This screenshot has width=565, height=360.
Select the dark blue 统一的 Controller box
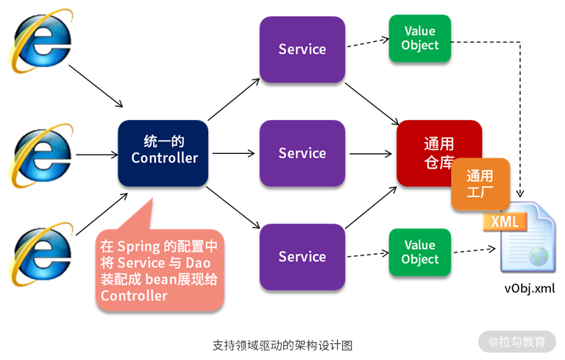point(164,152)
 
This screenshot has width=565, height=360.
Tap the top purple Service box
point(302,49)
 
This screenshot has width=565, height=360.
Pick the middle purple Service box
point(302,153)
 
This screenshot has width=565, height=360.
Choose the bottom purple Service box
point(302,256)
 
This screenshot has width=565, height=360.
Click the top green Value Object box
point(419,38)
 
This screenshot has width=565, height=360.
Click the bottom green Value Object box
point(419,253)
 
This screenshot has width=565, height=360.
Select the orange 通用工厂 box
point(481,184)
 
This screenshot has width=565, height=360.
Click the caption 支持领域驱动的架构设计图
point(282,345)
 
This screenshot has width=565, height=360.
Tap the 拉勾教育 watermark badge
point(517,342)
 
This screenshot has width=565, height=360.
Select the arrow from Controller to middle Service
point(232,154)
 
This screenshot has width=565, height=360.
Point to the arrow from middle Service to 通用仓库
point(370,154)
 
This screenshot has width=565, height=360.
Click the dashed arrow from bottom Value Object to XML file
point(470,252)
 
